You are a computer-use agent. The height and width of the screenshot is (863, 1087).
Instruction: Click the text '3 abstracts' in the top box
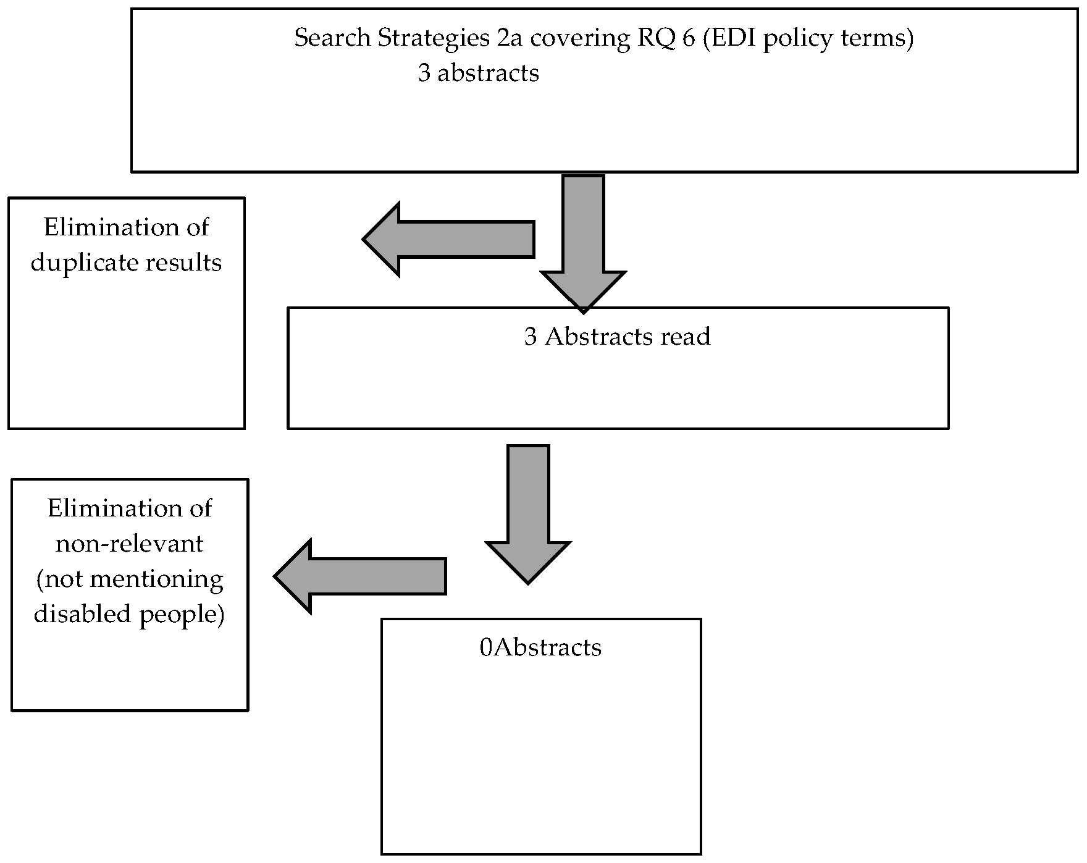pos(478,73)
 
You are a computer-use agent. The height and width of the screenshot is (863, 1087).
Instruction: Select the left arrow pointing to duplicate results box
pos(448,239)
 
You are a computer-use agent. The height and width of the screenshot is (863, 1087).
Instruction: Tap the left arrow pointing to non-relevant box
pos(360,576)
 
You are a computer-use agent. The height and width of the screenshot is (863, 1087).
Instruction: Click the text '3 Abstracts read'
pos(617,336)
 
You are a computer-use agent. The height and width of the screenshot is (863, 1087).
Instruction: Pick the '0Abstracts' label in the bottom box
pos(540,647)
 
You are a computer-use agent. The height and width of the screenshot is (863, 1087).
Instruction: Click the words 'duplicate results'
pos(126,263)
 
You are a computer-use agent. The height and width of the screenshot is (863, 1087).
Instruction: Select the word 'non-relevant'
pos(129,544)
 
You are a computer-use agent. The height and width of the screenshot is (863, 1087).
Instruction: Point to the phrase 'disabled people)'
pos(129,613)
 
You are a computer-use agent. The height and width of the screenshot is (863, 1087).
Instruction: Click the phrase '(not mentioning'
pos(129,579)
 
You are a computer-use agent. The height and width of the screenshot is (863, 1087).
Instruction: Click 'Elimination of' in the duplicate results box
pos(126,227)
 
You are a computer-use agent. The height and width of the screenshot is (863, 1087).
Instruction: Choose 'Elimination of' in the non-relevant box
pos(129,508)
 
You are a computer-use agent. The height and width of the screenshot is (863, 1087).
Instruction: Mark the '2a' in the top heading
pos(510,38)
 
